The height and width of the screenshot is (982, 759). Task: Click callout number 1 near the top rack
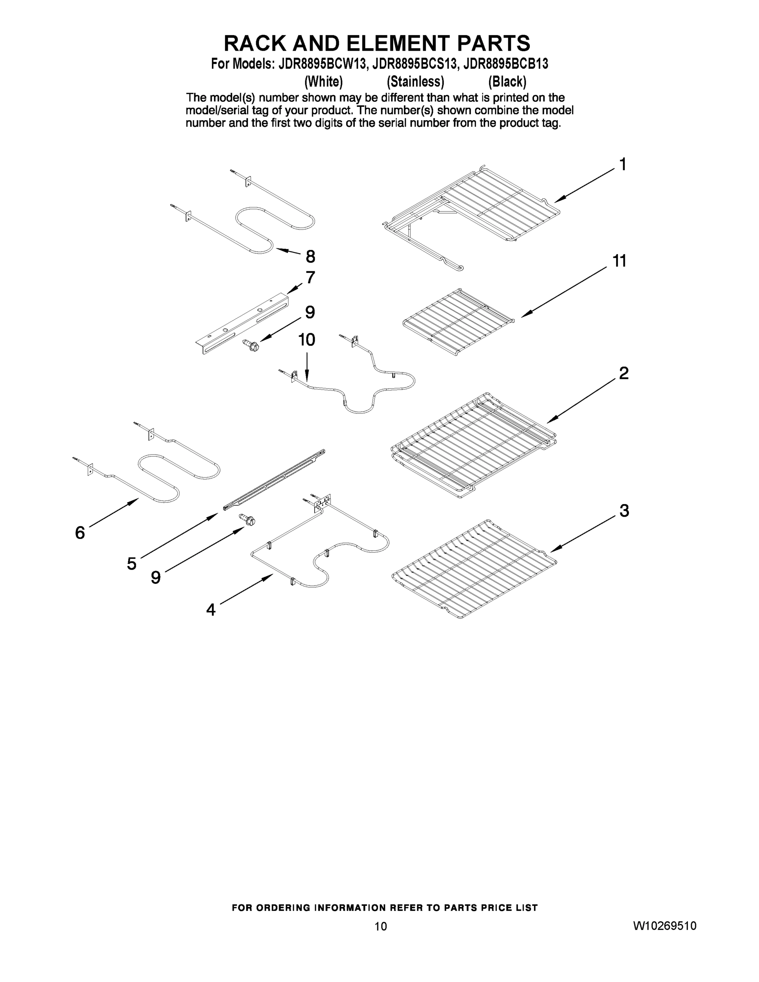coord(623,164)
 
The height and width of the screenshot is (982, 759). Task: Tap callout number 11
coord(619,261)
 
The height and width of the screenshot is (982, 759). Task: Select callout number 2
coord(624,373)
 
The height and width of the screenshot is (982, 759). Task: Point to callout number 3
coord(624,511)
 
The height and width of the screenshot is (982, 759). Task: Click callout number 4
coord(211,610)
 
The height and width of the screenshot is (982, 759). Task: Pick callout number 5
coord(131,563)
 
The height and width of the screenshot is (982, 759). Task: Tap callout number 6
coord(80,533)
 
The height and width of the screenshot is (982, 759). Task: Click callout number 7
coord(310,277)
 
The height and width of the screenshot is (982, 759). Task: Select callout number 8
coord(310,257)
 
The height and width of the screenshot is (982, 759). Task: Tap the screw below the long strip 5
coord(247,519)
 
